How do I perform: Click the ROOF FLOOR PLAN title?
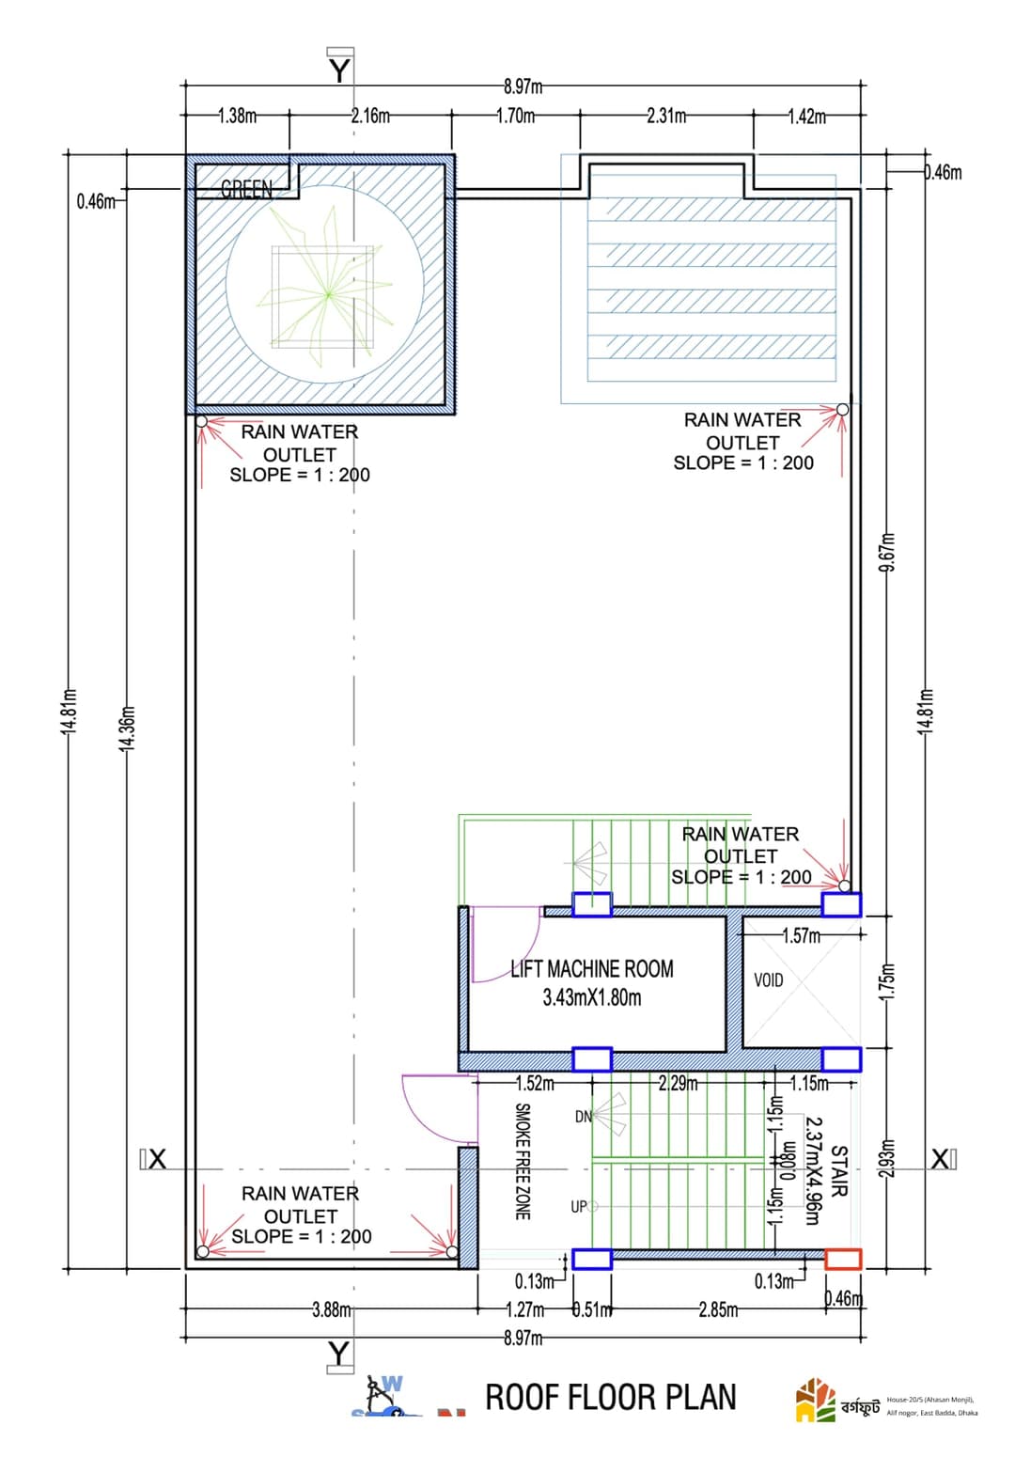click(610, 1397)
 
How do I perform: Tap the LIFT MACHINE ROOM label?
click(591, 969)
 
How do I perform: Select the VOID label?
click(768, 980)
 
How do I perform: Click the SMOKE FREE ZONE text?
click(523, 1162)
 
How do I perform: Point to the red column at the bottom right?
click(843, 1259)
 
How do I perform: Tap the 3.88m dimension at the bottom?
click(332, 1309)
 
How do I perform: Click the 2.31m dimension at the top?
click(665, 116)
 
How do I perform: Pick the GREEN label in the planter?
click(246, 189)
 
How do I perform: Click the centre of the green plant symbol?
click(328, 294)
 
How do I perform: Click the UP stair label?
click(580, 1206)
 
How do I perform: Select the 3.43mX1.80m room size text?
click(591, 997)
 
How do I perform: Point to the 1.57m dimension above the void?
click(801, 935)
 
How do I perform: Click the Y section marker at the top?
click(339, 70)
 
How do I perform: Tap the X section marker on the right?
click(941, 1159)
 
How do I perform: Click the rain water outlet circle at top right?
click(842, 409)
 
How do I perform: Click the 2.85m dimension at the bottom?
click(717, 1309)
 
